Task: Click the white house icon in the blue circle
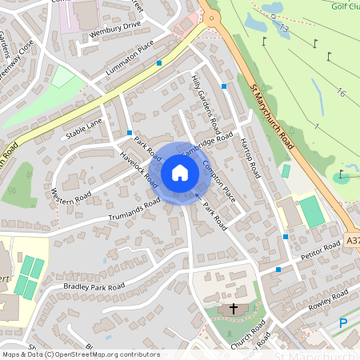click(179, 172)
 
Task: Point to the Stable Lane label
click(84, 126)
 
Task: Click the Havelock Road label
click(139, 170)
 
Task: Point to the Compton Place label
click(218, 181)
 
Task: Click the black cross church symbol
click(234, 308)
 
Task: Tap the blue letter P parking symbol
click(343, 323)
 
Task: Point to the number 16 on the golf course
click(342, 94)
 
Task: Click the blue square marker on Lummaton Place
click(159, 62)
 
